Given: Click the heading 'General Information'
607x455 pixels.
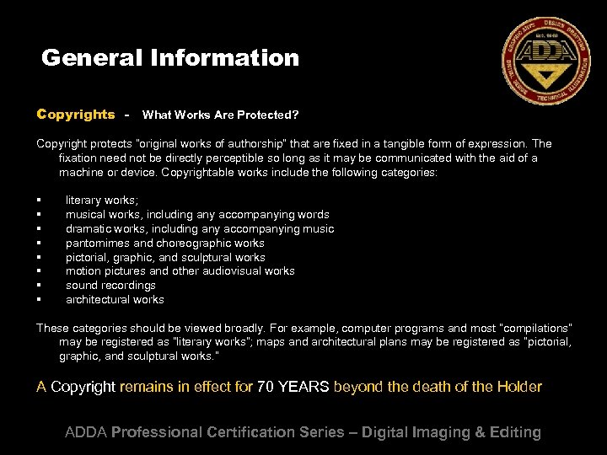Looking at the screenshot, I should (170, 58).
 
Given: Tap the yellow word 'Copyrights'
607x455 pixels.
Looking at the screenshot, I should (76, 114).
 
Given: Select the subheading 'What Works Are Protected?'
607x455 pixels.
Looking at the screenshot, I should (220, 115).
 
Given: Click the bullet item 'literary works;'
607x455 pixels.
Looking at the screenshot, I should (102, 201).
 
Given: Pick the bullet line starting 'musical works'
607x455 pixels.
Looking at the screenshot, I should (197, 215).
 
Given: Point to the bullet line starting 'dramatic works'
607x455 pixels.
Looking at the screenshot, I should (200, 229).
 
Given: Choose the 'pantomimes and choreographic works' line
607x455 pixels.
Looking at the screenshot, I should (165, 243).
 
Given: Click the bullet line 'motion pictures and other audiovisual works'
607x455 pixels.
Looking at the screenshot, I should (180, 271).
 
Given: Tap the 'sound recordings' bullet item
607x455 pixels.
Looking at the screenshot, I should (110, 286).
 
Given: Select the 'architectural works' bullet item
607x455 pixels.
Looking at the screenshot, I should (115, 300).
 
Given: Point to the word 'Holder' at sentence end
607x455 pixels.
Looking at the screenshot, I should (518, 388).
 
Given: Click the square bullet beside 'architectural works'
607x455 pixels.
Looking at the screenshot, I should (39, 300).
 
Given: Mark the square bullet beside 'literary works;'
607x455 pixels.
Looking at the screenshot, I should (39, 201).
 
